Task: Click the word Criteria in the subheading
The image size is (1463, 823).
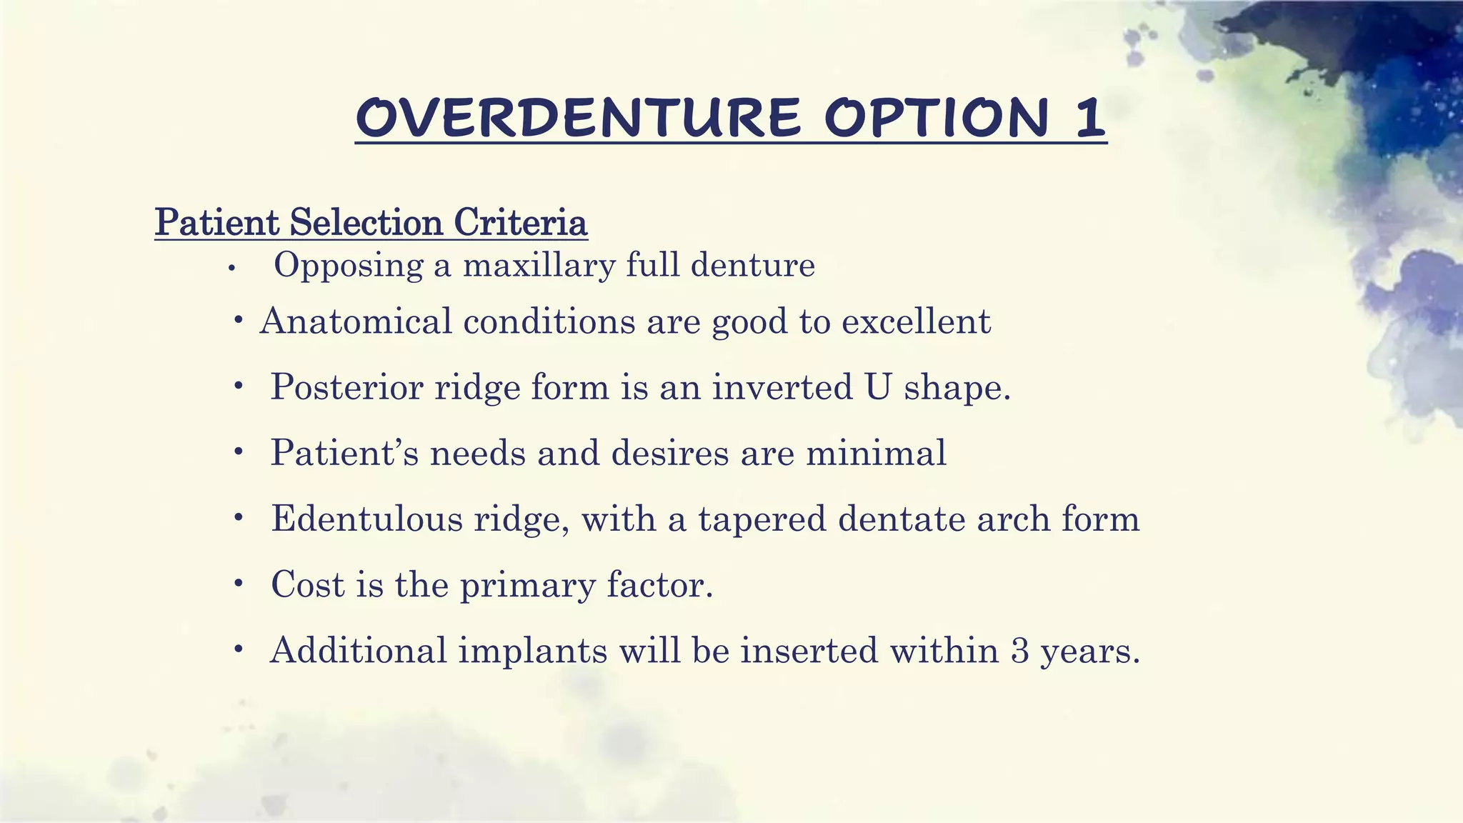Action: (520, 222)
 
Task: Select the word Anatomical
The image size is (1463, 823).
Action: (356, 321)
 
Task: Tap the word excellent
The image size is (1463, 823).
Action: (916, 321)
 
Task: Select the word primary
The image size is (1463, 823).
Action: (527, 586)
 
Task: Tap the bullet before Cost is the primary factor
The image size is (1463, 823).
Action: (239, 584)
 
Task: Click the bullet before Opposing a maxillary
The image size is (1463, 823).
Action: (231, 269)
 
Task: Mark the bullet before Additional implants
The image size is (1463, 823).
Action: (239, 650)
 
